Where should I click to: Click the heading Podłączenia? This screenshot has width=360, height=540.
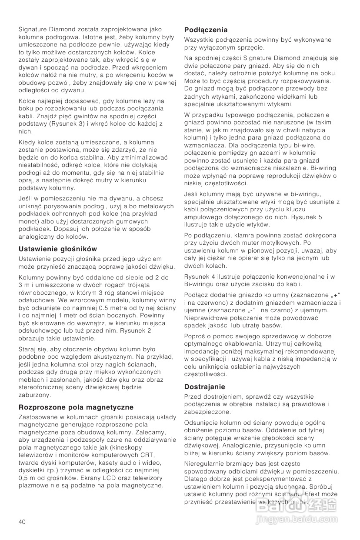pos(206,30)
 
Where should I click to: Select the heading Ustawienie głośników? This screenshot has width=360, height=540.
pos(57,249)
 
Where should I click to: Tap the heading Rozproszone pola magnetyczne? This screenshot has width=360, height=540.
pos(76,407)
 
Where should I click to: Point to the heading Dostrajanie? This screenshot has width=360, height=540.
pos(204,387)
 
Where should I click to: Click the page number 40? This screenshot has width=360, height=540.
pos(22,521)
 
